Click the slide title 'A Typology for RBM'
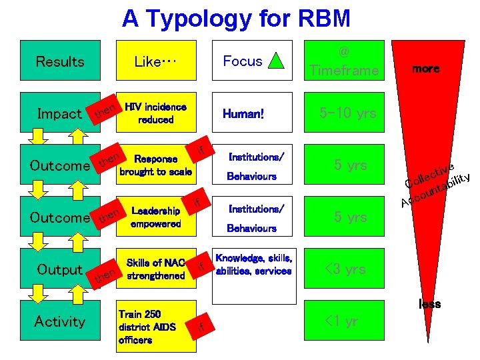coord(236,19)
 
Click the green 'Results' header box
coord(60,61)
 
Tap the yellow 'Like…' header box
coord(155,61)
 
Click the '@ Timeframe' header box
coord(344,61)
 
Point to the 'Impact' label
coord(59,114)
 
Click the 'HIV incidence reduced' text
coord(155,113)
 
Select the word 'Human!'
coord(243,114)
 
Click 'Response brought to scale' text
coord(155,165)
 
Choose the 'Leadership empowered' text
coord(155,217)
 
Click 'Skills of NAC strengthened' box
coord(155,269)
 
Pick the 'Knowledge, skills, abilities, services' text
coord(253,265)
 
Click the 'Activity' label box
coord(60,321)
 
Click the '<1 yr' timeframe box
coord(344,321)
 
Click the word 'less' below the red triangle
coord(429,304)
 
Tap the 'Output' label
coord(59,269)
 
